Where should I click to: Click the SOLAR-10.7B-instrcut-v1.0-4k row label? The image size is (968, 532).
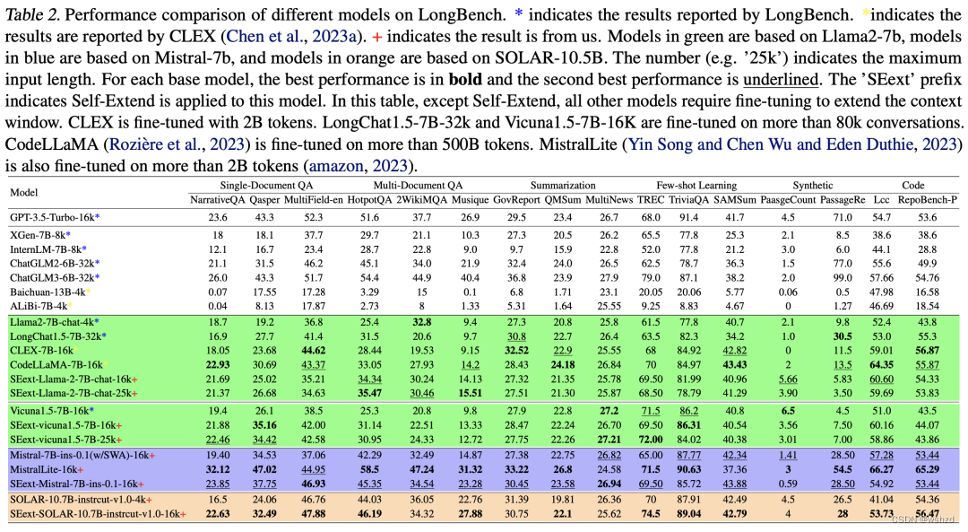pos(82,499)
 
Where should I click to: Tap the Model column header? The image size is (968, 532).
pos(25,192)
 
